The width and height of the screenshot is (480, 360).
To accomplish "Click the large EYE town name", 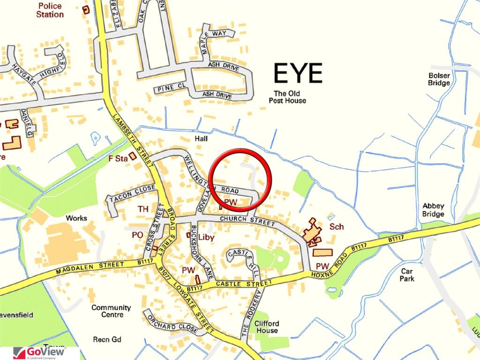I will [298, 74].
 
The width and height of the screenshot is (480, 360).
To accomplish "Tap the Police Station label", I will [50, 10].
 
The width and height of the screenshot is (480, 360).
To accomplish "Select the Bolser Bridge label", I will [439, 79].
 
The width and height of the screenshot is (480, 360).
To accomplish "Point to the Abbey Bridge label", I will [433, 210].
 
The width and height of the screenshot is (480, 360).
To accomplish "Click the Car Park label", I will [408, 275].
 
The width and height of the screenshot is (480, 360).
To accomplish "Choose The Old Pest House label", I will [287, 97].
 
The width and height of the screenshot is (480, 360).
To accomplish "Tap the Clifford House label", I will [266, 327].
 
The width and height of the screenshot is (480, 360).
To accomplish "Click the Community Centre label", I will [111, 311].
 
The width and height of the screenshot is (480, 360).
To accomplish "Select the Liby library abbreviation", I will [206, 238].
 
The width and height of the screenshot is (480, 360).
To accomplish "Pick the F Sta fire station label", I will [119, 159].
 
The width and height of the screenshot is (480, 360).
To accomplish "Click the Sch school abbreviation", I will [337, 227].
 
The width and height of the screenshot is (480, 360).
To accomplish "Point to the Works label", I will [76, 218].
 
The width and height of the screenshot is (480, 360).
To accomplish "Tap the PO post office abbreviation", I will [137, 234].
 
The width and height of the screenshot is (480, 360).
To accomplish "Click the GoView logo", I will [39, 353].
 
